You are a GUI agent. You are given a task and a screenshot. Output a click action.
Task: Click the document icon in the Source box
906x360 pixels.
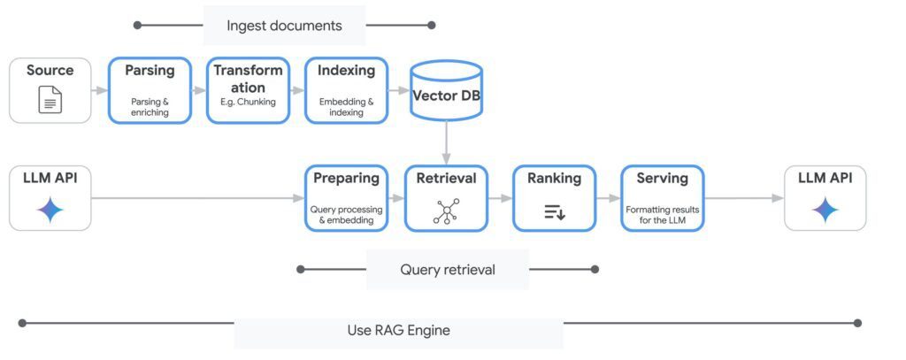tap(50, 101)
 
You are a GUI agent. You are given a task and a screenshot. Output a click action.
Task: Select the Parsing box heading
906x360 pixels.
tap(150, 71)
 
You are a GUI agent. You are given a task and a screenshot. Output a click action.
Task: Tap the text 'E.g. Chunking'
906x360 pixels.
tap(248, 102)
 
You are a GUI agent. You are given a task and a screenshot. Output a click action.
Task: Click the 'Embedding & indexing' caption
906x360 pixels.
tap(346, 107)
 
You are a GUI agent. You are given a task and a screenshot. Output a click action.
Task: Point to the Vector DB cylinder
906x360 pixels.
tap(447, 90)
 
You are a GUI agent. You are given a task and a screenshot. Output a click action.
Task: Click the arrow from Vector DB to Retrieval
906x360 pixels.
tap(447, 142)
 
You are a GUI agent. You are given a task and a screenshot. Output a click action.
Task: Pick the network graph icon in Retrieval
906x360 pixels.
tap(446, 211)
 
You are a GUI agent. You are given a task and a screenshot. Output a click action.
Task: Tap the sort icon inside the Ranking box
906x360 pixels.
tap(555, 211)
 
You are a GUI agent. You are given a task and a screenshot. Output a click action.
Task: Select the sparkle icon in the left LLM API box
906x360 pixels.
tap(50, 210)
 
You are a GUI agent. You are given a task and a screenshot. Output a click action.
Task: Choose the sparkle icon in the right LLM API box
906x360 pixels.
tap(825, 210)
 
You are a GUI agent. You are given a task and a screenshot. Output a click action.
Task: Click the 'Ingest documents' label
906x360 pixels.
tap(284, 26)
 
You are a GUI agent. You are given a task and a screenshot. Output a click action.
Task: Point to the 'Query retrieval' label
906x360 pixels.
tap(447, 269)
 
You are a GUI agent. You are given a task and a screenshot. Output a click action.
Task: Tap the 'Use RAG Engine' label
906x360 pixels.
tap(398, 330)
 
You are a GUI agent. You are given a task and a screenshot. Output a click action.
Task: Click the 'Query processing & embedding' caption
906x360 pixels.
tap(346, 215)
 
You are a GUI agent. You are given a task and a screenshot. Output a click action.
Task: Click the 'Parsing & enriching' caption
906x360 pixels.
tap(150, 107)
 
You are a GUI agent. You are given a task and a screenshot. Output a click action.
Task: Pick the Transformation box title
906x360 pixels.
tap(248, 79)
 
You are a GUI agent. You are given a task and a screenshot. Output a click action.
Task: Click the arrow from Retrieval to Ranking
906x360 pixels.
tap(500, 198)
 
